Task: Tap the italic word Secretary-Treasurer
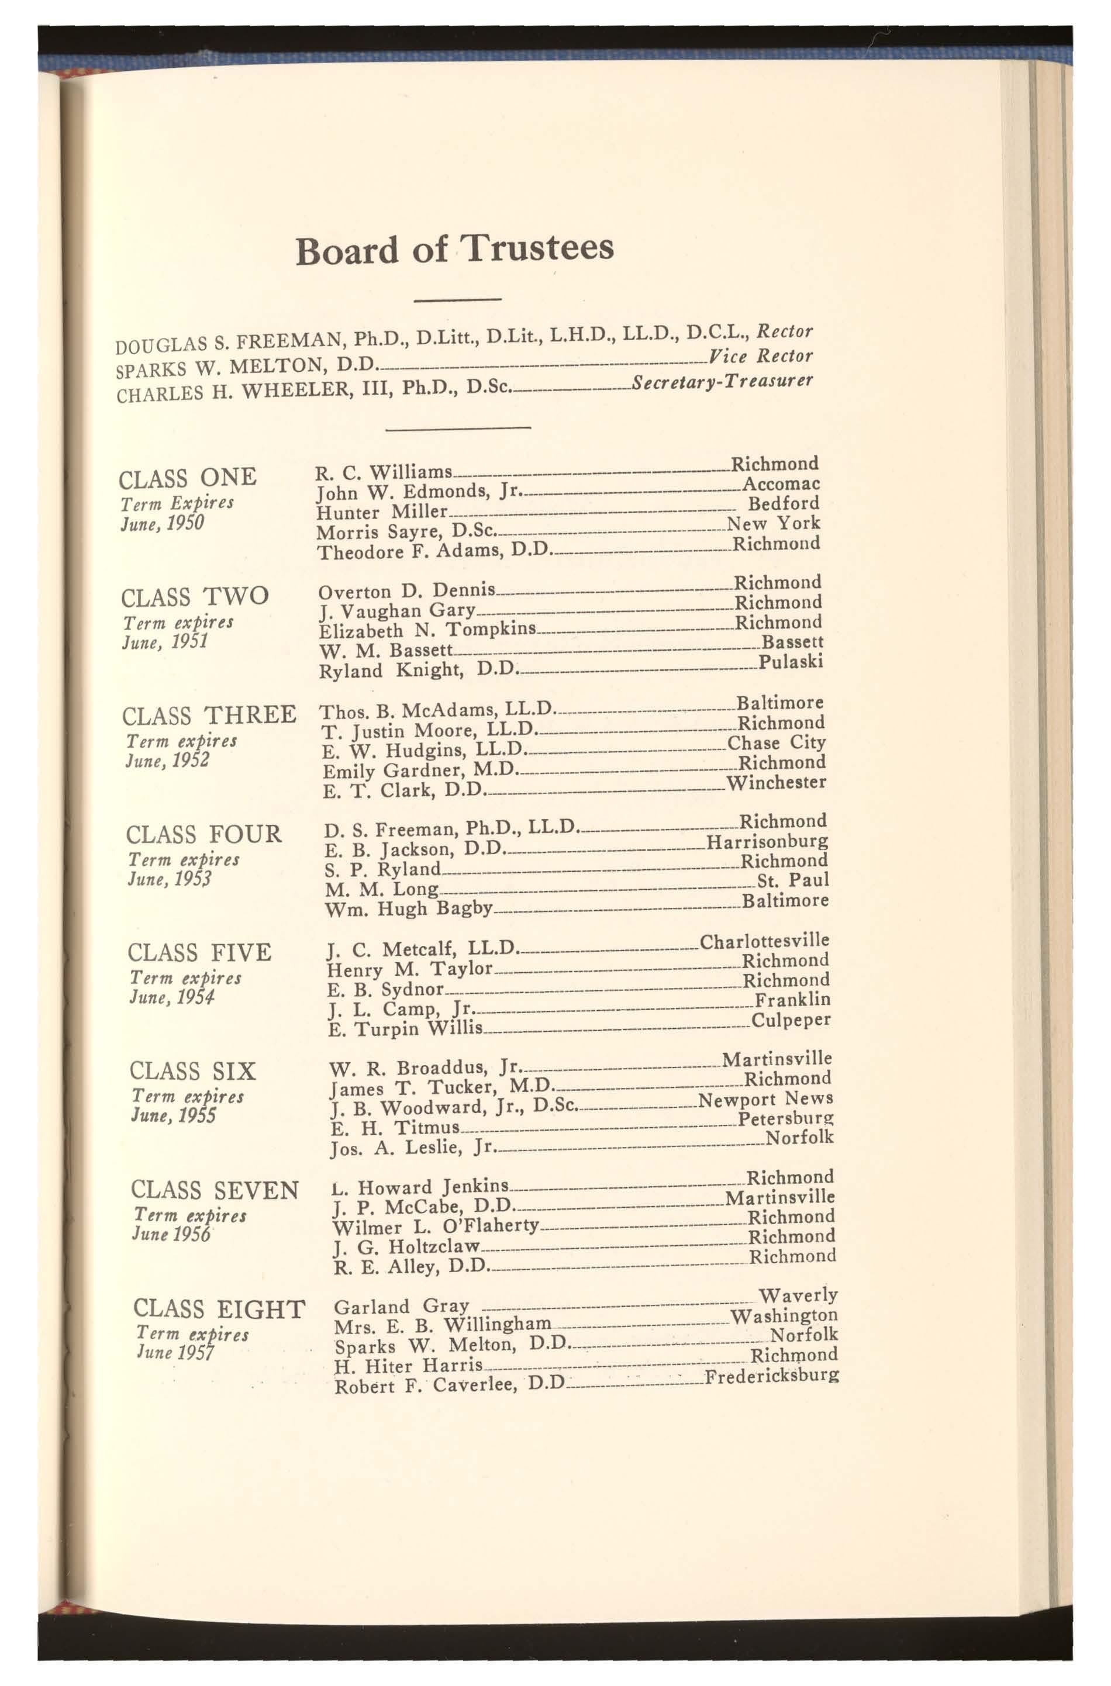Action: pyautogui.click(x=722, y=382)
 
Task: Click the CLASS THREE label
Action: pyautogui.click(x=209, y=715)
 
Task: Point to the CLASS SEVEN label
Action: pyautogui.click(x=215, y=1190)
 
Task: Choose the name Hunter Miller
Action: pyautogui.click(x=382, y=512)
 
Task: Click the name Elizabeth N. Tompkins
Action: pyautogui.click(x=428, y=630)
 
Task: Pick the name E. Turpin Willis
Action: pyautogui.click(x=405, y=1028)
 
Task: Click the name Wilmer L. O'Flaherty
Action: pyautogui.click(x=436, y=1227)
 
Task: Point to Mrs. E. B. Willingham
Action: pyautogui.click(x=443, y=1325)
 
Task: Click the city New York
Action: pyautogui.click(x=773, y=523)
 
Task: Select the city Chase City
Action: pyautogui.click(x=777, y=743)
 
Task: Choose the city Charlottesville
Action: pyautogui.click(x=764, y=941)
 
